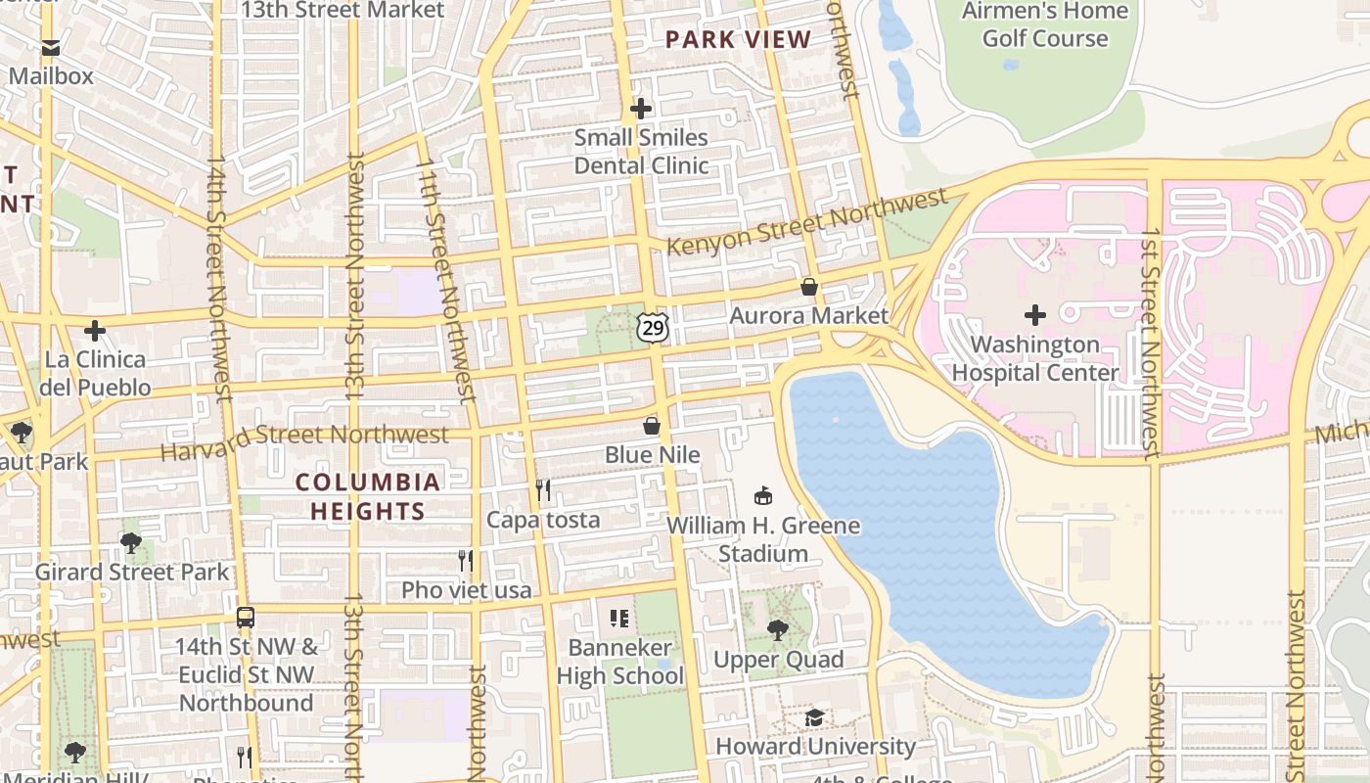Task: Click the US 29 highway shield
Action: [652, 327]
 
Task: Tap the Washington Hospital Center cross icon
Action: [1034, 315]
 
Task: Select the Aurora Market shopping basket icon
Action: [809, 287]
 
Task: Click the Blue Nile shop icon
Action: [652, 427]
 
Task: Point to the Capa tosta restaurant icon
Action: [543, 490]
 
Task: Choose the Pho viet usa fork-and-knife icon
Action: [467, 561]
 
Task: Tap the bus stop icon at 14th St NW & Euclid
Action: [246, 618]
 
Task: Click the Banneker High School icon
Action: [619, 618]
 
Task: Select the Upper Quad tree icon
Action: [778, 629]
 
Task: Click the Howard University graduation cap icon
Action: [814, 718]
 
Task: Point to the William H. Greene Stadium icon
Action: [763, 496]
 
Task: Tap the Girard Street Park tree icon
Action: [131, 542]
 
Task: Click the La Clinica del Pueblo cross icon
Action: [95, 331]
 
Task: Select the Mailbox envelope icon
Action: [51, 47]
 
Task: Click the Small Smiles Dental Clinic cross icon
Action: [641, 109]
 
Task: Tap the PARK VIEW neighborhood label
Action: [738, 40]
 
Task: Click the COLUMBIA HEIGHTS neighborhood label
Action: [368, 496]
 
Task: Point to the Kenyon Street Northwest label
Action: [807, 222]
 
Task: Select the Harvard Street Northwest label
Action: [303, 442]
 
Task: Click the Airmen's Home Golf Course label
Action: [1045, 25]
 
